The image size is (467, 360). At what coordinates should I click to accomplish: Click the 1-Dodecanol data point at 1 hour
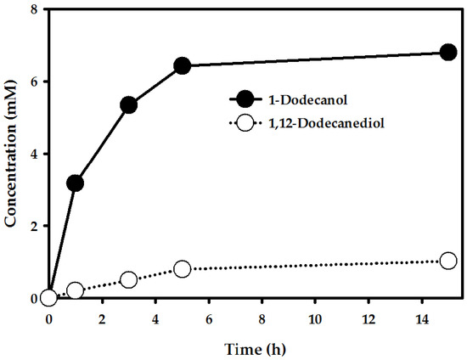coord(75,183)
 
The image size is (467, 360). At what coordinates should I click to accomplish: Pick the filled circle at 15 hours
coord(448,53)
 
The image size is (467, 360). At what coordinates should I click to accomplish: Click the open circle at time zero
coord(48,297)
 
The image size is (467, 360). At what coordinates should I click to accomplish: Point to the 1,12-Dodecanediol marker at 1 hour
coord(75,290)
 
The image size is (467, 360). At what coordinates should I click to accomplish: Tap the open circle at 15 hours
coord(448,261)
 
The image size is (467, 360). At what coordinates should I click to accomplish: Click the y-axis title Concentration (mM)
coord(12,154)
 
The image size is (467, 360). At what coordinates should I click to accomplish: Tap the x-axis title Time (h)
coord(248,348)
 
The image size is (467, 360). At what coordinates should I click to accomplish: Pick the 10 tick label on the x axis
coord(314,320)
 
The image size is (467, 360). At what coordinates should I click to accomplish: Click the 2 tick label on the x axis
coord(102,320)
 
